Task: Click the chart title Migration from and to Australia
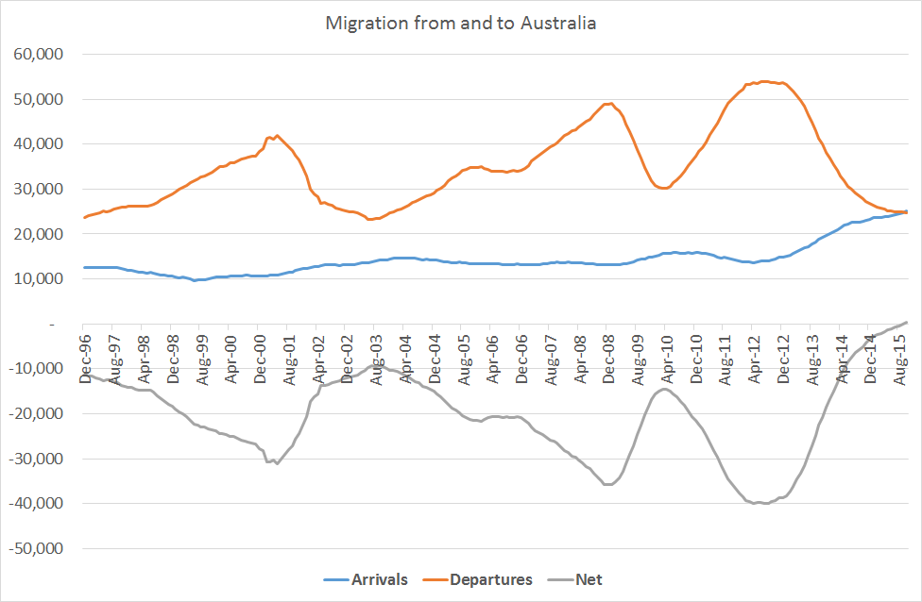pos(461,23)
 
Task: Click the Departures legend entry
pos(488,579)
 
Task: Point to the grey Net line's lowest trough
pos(761,503)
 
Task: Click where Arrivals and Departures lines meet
pos(905,211)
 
